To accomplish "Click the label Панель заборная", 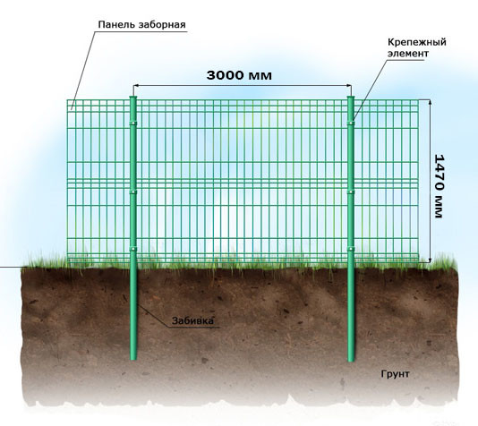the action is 141,25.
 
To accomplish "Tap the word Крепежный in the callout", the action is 417,42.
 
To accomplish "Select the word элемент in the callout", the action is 408,54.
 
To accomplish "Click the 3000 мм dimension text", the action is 239,75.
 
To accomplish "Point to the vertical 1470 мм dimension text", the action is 439,186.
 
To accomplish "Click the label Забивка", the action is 192,320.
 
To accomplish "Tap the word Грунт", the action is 395,374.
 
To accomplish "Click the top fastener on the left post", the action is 132,124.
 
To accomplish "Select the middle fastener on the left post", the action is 132,192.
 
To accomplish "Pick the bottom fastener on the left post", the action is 132,249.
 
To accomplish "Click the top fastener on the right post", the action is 351,124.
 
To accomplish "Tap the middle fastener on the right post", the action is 351,192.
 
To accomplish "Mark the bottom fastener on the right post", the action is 351,249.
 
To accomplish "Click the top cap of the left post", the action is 132,98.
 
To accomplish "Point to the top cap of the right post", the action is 351,98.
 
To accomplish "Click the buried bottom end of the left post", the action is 133,358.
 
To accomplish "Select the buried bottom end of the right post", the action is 351,359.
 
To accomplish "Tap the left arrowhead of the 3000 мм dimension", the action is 136,86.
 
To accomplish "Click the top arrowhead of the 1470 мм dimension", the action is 431,102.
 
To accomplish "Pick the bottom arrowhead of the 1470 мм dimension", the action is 431,260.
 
